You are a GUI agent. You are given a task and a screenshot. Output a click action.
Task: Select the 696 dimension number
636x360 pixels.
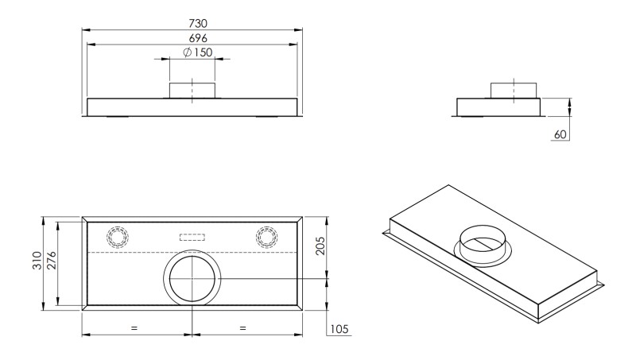coord(192,37)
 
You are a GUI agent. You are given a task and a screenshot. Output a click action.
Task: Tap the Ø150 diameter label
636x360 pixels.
coord(197,52)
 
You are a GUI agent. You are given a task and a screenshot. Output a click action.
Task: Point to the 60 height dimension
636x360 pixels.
coord(559,134)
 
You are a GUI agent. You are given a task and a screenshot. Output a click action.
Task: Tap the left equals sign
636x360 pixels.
coord(134,327)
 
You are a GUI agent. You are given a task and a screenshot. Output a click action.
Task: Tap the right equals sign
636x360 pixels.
coord(242,327)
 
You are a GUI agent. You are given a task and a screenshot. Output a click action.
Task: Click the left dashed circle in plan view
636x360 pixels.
coord(118,237)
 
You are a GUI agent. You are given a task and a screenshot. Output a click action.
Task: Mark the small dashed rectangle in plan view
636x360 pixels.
coord(192,236)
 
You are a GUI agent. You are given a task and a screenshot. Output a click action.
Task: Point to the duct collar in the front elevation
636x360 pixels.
coord(192,90)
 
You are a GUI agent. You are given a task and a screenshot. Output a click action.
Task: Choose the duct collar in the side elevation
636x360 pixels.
coord(514,89)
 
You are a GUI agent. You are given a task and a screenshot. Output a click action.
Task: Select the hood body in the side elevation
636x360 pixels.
coord(500,106)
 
